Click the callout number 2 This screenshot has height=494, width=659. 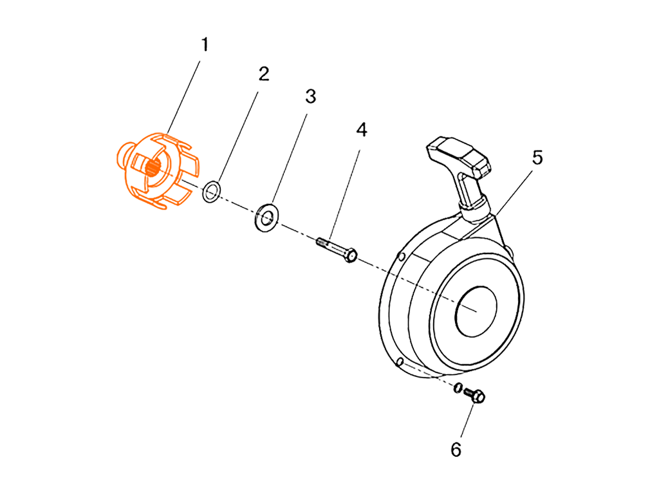coord(263,73)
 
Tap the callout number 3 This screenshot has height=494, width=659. coord(311,96)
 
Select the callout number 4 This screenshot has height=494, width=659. coord(362,131)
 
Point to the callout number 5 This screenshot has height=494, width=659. coord(537,158)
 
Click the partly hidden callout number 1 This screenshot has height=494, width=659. coord(205,44)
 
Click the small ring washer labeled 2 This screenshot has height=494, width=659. coord(212,191)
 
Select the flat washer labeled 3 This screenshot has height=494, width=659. coord(268,216)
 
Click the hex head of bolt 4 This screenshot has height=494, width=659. coord(351,255)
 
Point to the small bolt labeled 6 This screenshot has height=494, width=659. coord(476,398)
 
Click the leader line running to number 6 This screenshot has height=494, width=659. coord(466,425)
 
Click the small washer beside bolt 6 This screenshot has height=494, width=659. coord(457,389)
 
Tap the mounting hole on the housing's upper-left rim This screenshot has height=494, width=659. coord(403,257)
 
